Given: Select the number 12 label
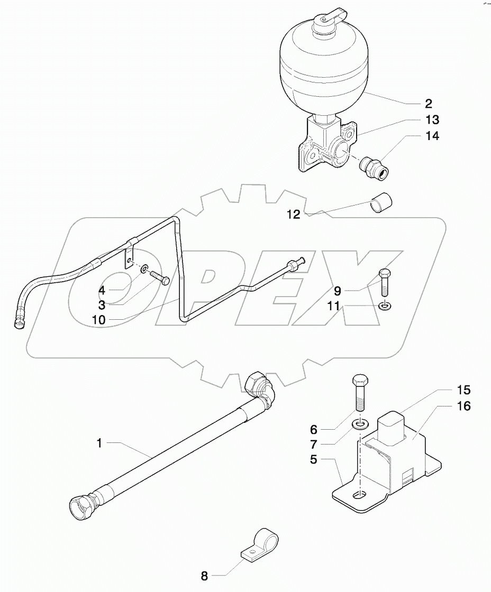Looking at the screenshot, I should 293,214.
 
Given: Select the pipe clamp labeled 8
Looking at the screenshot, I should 261,545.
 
